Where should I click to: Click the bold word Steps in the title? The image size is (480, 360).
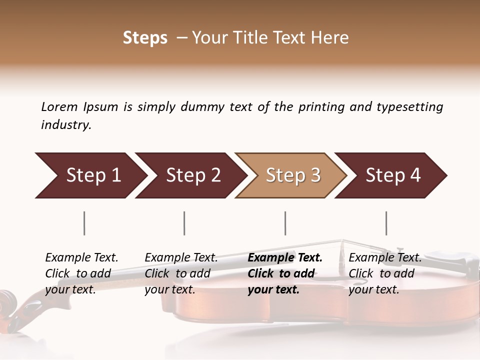pyautogui.click(x=145, y=38)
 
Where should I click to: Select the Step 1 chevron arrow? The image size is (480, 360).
pyautogui.click(x=90, y=175)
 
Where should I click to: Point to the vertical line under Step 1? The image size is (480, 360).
pyautogui.click(x=84, y=223)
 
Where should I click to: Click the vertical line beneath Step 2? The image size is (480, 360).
pyautogui.click(x=184, y=223)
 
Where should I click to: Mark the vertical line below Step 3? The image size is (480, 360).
pyautogui.click(x=285, y=223)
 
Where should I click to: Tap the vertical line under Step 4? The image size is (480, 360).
pyautogui.click(x=386, y=223)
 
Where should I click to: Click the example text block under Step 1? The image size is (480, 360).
pyautogui.click(x=81, y=273)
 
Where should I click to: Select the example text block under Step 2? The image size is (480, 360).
pyautogui.click(x=181, y=273)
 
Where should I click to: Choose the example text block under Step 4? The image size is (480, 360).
pyautogui.click(x=385, y=273)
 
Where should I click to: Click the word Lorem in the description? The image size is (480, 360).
pyautogui.click(x=59, y=106)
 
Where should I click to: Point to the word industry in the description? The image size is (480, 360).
pyautogui.click(x=66, y=125)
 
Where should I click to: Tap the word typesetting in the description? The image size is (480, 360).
pyautogui.click(x=409, y=107)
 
